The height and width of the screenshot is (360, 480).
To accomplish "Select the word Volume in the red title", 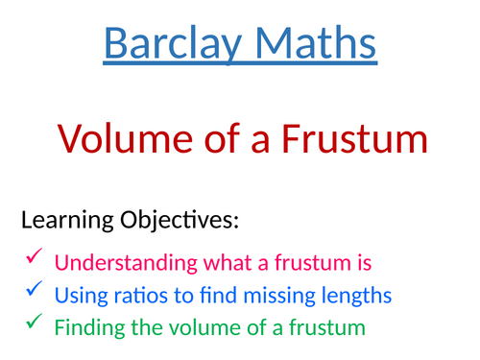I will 118,140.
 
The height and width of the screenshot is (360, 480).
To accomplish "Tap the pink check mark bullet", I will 33,255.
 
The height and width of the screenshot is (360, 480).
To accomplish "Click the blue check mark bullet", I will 33,288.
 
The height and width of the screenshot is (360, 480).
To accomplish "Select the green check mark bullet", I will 33,322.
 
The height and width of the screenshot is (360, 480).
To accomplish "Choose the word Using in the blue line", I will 77,295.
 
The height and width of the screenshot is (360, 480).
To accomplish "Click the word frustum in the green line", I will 324,327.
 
